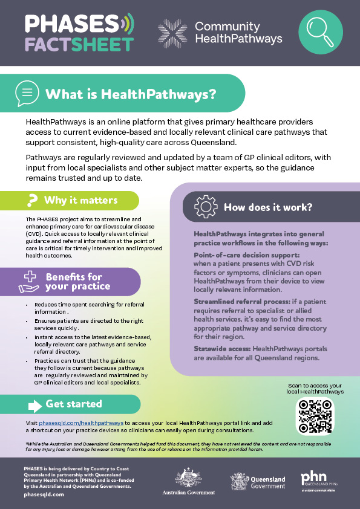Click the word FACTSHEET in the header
pyautogui.click(x=79, y=44)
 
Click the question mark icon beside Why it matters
pyautogui.click(x=31, y=200)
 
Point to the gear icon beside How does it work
pyautogui.click(x=206, y=207)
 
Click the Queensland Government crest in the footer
pyautogui.click(x=238, y=481)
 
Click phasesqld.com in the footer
pyautogui.click(x=44, y=494)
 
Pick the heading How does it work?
pyautogui.click(x=268, y=207)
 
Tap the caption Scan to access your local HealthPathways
pyautogui.click(x=314, y=389)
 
